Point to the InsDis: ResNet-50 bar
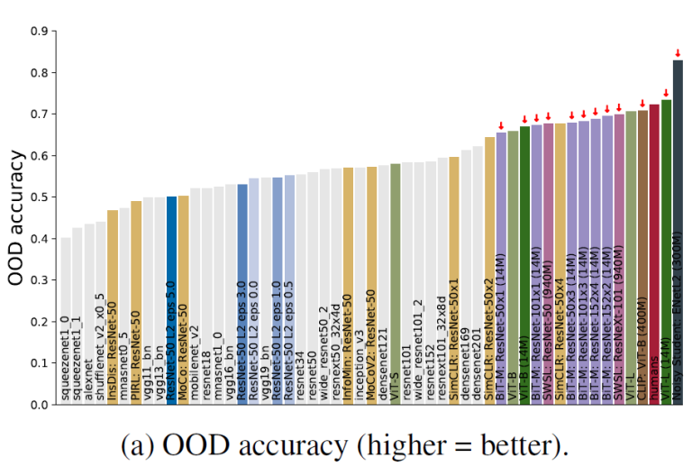[113, 307]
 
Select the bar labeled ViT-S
[396, 283]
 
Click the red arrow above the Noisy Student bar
[678, 52]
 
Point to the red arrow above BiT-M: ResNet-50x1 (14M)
[501, 124]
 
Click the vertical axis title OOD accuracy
[16, 217]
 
